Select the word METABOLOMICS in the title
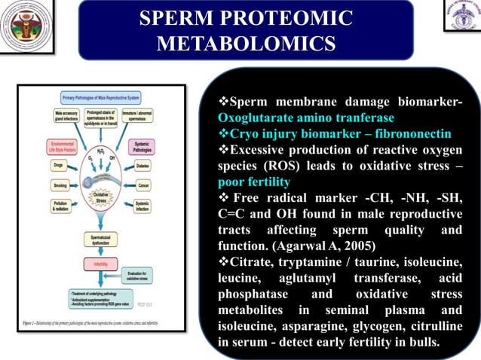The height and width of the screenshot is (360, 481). [246, 43]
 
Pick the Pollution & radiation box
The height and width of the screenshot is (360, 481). [60, 206]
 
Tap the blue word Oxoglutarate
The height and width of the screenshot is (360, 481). [254, 118]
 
